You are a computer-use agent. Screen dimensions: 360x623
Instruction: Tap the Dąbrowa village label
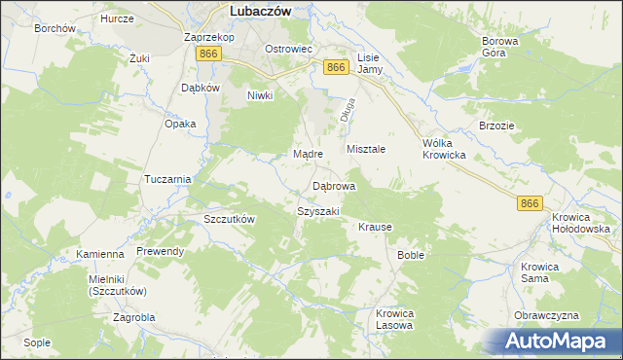click(334, 185)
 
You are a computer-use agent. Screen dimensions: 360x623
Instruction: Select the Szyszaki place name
click(317, 211)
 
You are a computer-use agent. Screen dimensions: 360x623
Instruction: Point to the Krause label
click(375, 227)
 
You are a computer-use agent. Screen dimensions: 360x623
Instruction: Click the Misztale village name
click(367, 149)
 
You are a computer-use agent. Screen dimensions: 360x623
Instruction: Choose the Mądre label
click(308, 154)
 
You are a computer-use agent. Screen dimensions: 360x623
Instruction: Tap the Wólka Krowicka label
click(444, 149)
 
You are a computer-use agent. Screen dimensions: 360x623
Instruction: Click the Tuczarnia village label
click(166, 180)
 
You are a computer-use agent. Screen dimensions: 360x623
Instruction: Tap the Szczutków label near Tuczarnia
click(230, 219)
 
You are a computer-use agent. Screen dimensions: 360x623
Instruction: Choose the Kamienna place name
click(100, 254)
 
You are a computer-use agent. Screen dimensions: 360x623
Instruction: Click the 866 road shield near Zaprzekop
click(206, 54)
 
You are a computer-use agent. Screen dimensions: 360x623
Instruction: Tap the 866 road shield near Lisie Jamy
click(336, 66)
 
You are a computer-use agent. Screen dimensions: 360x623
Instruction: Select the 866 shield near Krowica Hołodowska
click(530, 202)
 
